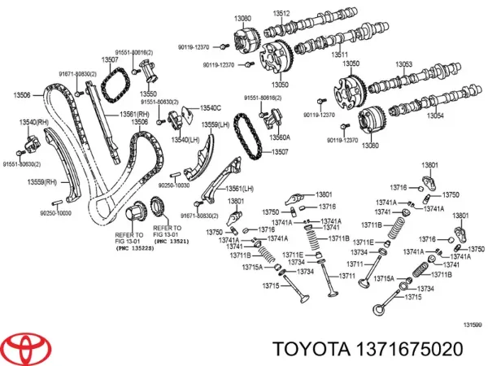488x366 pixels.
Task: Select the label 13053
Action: [403, 64]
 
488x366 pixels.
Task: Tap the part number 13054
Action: [436, 116]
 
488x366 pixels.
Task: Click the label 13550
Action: [149, 94]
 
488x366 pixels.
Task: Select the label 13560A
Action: [281, 137]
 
